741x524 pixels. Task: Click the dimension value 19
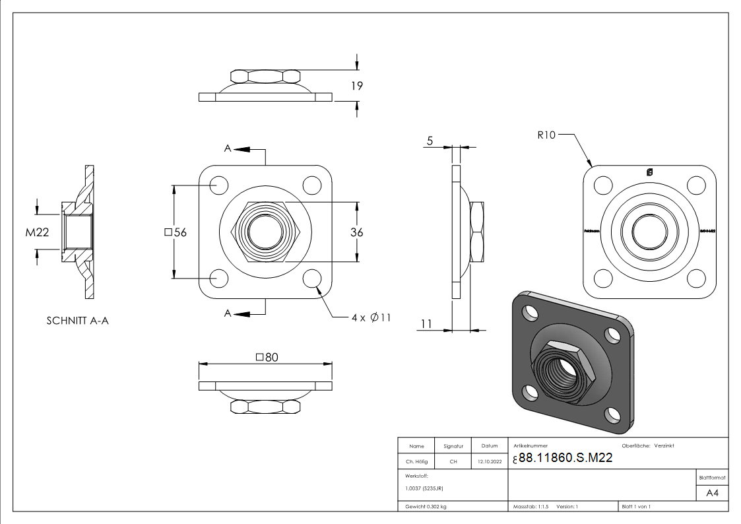358,86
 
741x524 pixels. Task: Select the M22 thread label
38,232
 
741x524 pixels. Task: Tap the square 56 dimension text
175,232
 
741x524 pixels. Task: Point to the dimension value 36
357,232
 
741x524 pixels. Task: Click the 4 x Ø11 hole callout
371,317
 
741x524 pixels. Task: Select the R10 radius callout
547,135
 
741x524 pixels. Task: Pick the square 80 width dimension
266,357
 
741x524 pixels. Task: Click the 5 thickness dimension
430,141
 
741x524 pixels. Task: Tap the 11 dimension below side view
426,323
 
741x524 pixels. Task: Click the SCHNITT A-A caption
77,321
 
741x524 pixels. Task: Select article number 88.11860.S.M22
565,459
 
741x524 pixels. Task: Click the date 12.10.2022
488,462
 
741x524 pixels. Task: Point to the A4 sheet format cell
712,493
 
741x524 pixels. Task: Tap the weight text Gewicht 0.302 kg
426,506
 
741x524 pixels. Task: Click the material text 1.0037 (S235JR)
424,488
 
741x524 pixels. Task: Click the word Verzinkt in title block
664,446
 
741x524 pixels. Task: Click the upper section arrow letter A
228,149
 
